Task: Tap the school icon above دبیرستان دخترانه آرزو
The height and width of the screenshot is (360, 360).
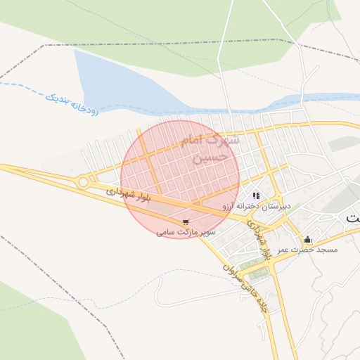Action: coord(256,195)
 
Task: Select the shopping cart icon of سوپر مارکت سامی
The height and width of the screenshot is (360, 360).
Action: coord(185,221)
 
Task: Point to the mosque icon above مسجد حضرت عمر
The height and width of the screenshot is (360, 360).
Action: coord(307,240)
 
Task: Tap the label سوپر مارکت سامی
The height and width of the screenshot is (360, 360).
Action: coord(185,231)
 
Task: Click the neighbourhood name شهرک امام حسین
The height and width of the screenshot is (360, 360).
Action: coord(210,148)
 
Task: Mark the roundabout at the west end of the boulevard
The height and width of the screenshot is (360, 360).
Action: coord(84,182)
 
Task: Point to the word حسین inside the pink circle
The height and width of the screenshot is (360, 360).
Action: coord(212,157)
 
